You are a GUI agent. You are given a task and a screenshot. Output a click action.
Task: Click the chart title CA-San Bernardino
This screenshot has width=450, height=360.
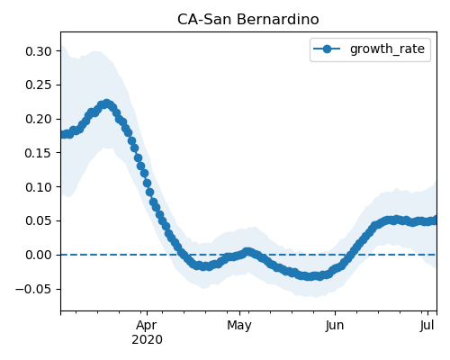248,20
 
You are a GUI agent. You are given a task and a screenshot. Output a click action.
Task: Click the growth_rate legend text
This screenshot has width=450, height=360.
387,49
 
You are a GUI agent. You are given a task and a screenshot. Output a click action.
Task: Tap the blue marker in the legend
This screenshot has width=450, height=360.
327,49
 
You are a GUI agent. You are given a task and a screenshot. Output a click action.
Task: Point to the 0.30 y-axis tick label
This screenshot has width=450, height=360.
39,51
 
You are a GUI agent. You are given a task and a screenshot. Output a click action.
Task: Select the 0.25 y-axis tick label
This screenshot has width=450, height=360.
39,85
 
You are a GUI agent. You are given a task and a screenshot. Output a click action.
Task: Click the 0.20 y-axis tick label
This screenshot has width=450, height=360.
39,119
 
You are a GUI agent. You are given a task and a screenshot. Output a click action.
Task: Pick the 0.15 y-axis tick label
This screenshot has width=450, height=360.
39,153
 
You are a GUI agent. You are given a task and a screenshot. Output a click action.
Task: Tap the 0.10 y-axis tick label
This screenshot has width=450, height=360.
39,187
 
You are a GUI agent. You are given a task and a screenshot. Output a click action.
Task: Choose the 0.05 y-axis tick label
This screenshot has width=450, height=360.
39,221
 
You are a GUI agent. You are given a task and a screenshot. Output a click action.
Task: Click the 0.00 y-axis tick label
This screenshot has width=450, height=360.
39,255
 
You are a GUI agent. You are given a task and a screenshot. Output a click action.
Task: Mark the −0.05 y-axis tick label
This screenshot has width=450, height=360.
33,289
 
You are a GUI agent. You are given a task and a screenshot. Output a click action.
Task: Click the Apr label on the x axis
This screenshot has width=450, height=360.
147,326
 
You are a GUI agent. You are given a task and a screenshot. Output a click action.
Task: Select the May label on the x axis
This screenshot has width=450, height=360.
239,326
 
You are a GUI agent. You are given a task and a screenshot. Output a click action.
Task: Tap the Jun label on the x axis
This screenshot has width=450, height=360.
335,326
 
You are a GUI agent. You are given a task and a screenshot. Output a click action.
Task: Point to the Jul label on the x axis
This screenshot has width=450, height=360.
427,326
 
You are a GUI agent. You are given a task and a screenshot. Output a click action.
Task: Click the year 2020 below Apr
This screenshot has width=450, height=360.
147,340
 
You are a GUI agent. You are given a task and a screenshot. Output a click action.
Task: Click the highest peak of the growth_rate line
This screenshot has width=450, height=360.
106,103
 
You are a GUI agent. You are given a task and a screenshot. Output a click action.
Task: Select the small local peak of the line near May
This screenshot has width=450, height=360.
247,252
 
